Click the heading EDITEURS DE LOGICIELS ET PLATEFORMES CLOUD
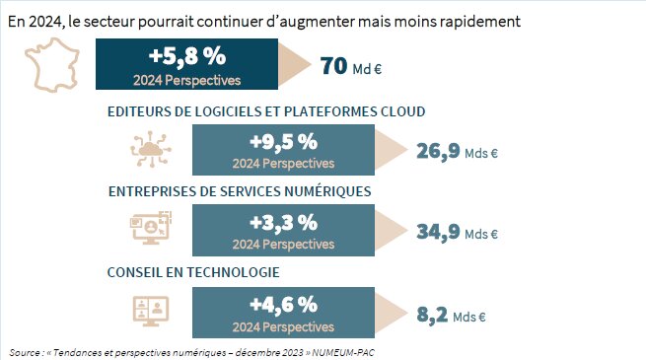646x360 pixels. click(x=266, y=111)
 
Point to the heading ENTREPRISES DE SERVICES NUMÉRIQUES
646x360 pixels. click(x=239, y=190)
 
